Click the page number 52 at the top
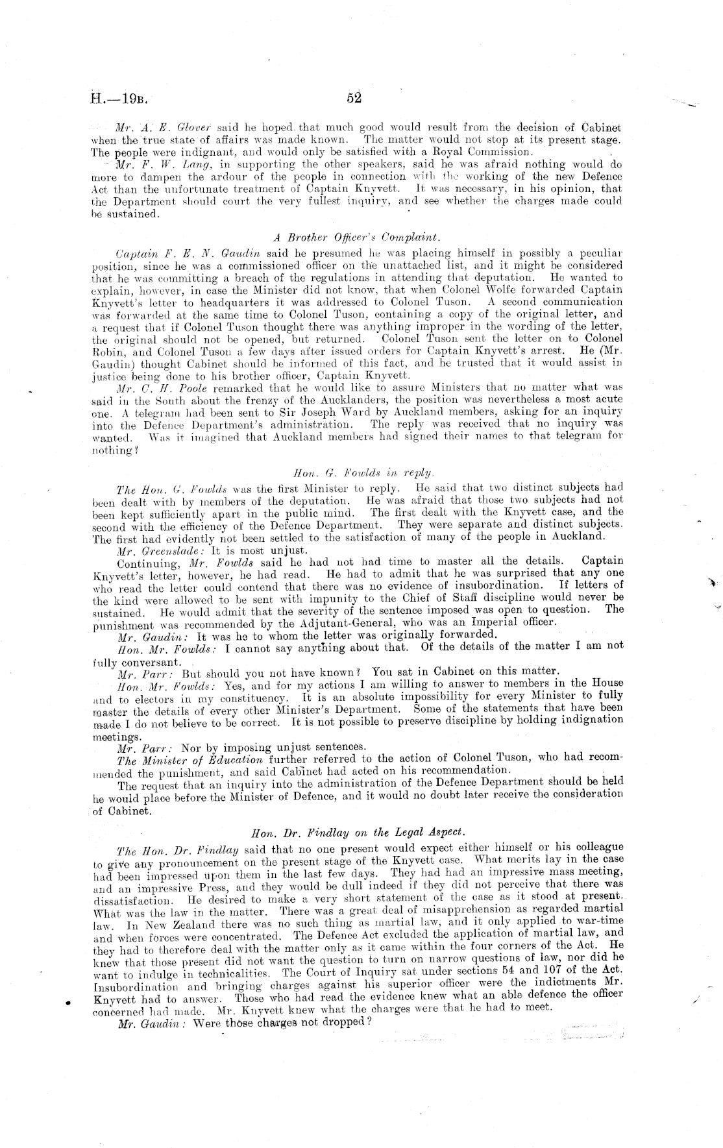tap(354, 99)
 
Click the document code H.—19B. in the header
tap(121, 100)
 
